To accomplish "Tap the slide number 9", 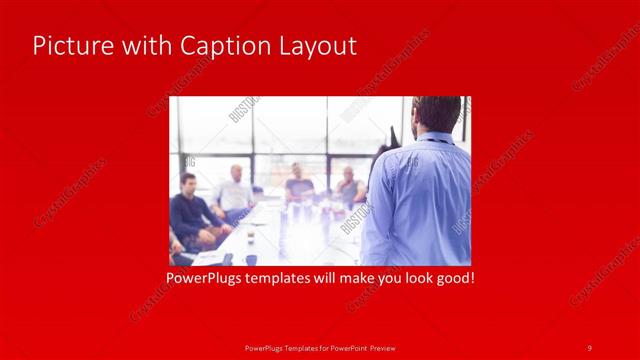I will pyautogui.click(x=589, y=347).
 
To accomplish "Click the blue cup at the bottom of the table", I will pyautogui.click(x=251, y=259).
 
